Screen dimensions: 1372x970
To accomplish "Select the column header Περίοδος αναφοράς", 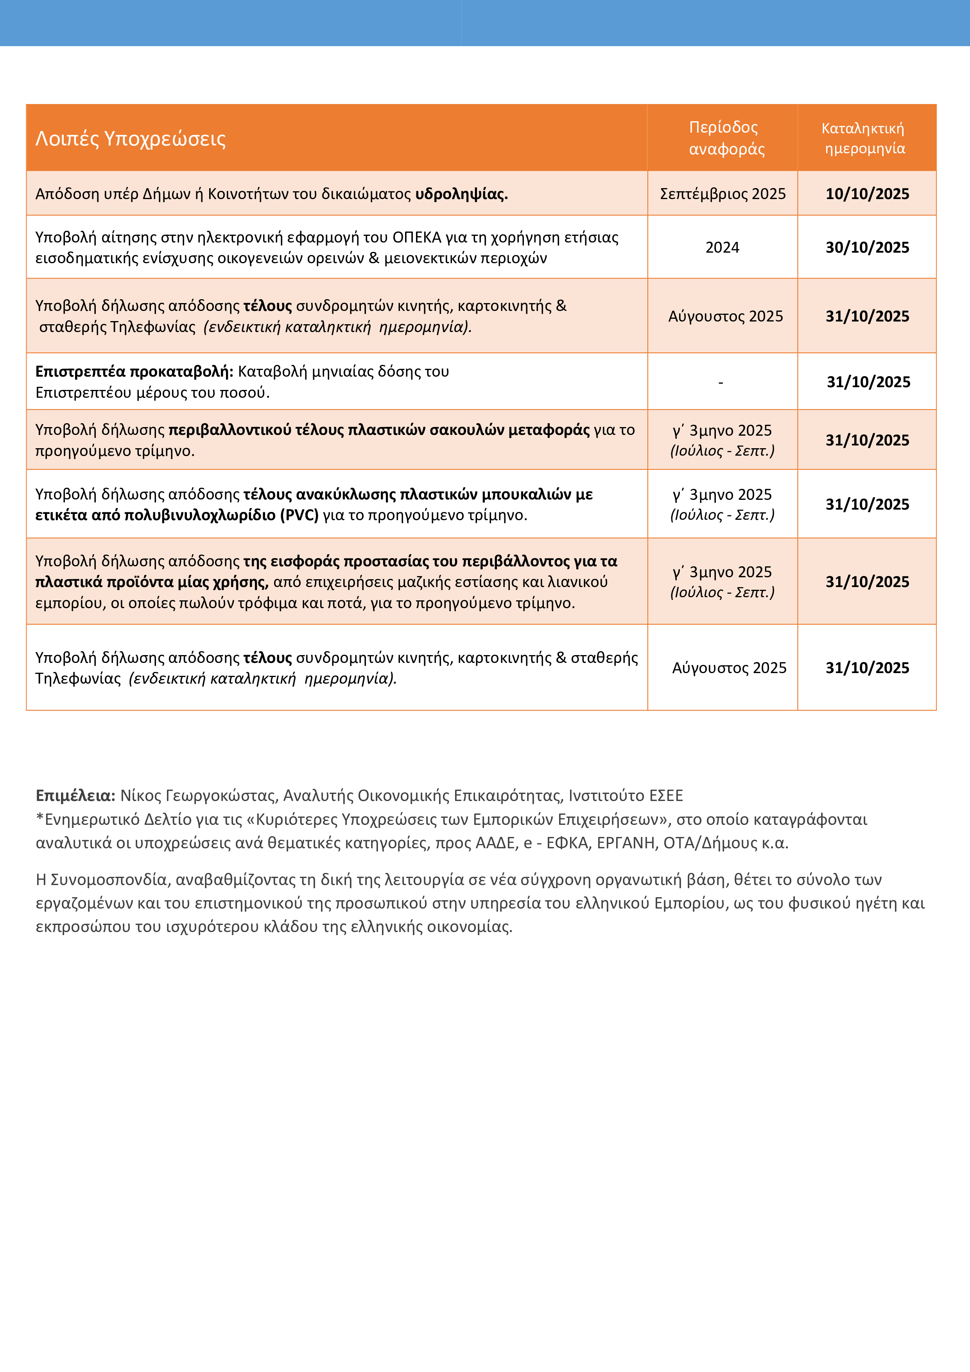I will click(x=725, y=138).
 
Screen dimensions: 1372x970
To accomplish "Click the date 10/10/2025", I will click(x=867, y=194).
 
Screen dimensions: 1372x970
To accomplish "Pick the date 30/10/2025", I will click(x=867, y=248).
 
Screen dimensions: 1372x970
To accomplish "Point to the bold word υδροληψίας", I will click(x=461, y=194).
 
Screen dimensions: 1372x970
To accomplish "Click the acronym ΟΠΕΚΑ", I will click(x=416, y=238).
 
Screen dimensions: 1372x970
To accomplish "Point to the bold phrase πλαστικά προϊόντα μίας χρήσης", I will click(x=151, y=582).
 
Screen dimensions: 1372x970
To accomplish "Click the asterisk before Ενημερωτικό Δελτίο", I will click(x=40, y=818).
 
